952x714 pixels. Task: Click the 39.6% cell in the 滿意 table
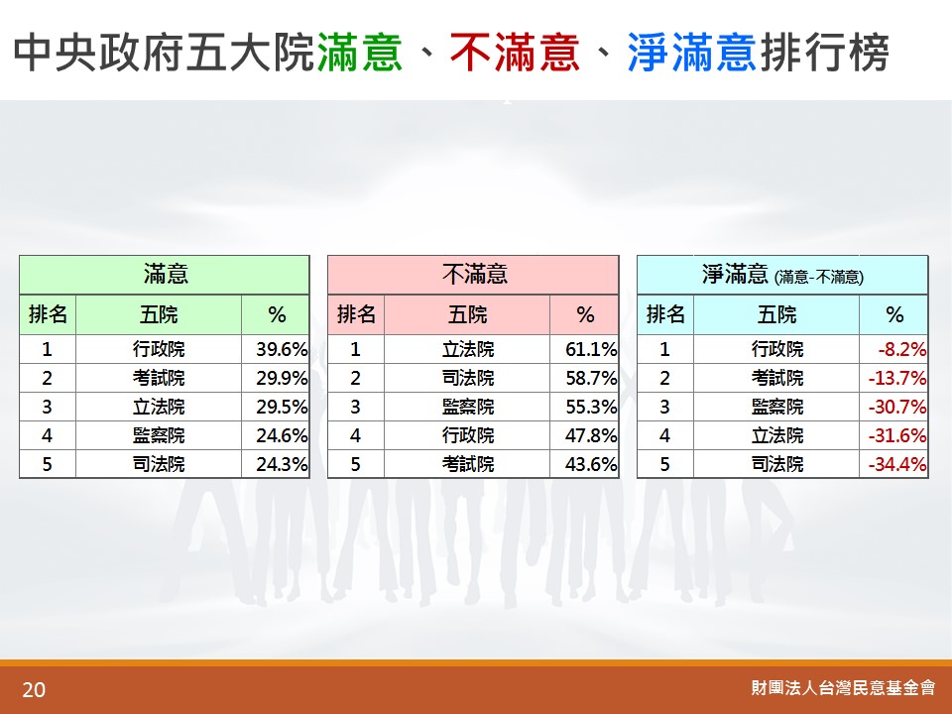[x=282, y=349]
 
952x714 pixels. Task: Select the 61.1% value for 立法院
[x=591, y=349]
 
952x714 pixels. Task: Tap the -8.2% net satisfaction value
[x=901, y=349]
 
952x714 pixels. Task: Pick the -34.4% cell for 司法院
[x=897, y=464]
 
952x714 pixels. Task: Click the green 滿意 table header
[x=166, y=275]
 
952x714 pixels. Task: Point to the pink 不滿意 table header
[x=474, y=275]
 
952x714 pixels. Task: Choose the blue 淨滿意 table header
[x=782, y=275]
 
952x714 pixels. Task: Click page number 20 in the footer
[x=34, y=690]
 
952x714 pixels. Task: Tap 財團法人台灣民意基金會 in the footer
[x=843, y=687]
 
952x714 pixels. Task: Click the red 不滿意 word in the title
[x=515, y=53]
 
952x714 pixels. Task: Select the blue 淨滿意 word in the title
[x=691, y=53]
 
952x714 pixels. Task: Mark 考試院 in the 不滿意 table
[x=468, y=464]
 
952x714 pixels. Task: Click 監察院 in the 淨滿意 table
[x=777, y=407]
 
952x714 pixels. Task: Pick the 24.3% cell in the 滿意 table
[x=282, y=464]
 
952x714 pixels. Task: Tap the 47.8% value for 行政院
[x=591, y=435]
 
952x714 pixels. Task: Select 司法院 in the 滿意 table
[x=159, y=464]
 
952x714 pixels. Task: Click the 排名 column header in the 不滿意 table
[x=356, y=314]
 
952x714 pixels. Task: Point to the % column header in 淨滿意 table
[x=894, y=314]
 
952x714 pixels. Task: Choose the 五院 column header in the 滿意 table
[x=159, y=314]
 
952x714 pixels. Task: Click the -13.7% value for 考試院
[x=897, y=378]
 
